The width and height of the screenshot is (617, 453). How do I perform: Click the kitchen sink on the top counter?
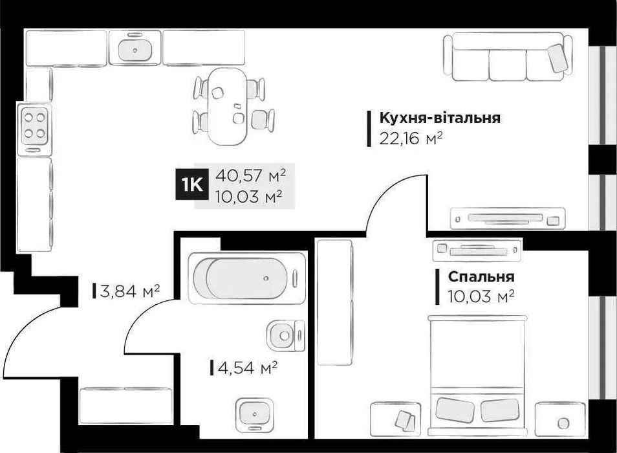click(135, 48)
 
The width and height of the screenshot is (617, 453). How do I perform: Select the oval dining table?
click(228, 106)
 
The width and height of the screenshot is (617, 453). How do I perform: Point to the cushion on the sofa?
click(559, 58)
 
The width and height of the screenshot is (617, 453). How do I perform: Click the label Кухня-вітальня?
click(440, 118)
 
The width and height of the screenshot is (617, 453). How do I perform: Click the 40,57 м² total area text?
click(252, 175)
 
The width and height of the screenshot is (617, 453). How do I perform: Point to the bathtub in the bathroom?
click(246, 279)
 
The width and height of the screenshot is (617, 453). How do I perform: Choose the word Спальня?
click(481, 277)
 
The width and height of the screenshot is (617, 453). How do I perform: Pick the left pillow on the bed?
click(454, 409)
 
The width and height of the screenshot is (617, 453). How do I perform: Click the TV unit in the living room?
click(507, 217)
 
